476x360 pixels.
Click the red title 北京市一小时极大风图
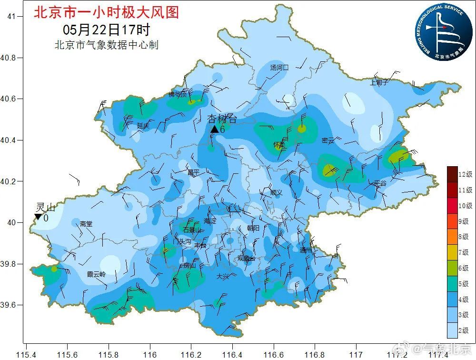106,12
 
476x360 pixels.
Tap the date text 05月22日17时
106,30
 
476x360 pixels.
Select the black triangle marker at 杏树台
214,129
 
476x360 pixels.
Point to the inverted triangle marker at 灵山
38,217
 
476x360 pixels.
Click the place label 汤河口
279,68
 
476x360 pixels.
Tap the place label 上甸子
379,82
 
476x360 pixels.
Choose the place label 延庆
143,126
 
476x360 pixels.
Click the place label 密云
328,140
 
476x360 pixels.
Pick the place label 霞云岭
96,274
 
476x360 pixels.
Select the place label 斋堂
86,223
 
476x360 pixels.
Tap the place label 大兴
223,277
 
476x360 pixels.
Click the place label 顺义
276,192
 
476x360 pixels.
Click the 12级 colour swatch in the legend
452,174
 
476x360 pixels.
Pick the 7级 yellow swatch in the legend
452,252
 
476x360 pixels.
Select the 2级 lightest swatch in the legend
452,330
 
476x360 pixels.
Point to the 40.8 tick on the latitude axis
8,58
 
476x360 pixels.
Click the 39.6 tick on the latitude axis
8,305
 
